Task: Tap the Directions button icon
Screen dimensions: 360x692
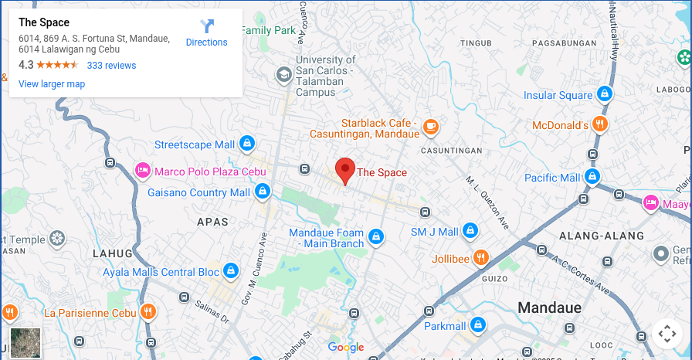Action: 207,27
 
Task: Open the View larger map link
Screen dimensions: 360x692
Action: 52,84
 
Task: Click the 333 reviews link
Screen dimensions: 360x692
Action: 111,66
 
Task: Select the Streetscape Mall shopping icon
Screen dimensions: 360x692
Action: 246,144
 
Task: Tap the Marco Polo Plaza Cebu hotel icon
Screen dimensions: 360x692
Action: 143,171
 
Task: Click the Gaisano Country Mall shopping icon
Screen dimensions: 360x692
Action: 262,191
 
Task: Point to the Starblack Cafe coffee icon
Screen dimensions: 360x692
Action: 430,125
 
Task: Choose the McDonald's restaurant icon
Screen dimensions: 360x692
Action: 600,124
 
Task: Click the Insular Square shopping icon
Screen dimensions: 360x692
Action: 605,95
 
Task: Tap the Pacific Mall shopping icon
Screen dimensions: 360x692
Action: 592,178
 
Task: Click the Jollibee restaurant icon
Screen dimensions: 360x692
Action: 480,257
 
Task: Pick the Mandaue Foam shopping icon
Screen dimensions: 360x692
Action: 376,236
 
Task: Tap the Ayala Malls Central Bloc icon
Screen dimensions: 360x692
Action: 230,271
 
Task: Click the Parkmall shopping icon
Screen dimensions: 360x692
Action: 477,324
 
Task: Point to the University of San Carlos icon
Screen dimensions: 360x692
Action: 284,74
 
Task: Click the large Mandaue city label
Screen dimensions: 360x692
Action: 549,307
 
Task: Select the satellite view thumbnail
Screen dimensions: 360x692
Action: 25,342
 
